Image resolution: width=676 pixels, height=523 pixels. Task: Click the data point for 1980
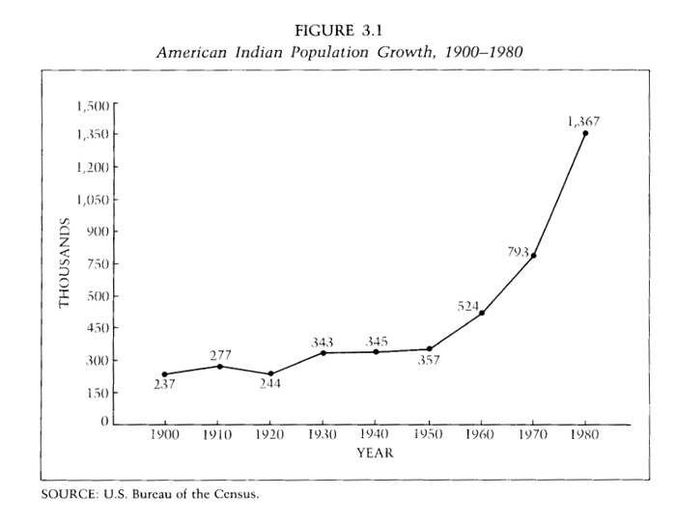tap(585, 133)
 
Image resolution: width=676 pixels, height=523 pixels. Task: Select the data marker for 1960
tap(481, 313)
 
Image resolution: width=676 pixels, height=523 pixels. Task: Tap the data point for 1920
tap(271, 373)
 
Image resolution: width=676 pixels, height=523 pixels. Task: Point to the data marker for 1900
tap(165, 373)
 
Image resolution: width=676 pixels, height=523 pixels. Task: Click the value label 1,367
tap(586, 121)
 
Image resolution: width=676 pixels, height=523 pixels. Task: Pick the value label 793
tap(518, 252)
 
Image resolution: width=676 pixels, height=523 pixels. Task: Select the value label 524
tap(469, 306)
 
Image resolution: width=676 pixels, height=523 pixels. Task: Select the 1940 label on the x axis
tap(377, 435)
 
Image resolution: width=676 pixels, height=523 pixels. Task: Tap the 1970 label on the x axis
tap(533, 435)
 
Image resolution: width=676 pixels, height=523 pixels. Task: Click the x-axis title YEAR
tap(375, 452)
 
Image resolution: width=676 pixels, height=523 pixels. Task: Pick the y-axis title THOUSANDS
tap(65, 263)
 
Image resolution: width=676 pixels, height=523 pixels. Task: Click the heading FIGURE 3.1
tap(338, 32)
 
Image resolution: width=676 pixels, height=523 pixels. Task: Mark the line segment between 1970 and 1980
tap(559, 194)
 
